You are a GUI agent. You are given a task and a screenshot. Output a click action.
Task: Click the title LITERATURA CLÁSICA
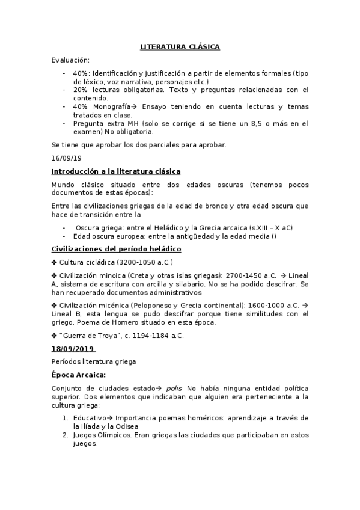click(x=180, y=46)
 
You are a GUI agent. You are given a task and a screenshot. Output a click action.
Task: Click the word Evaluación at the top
click(x=70, y=60)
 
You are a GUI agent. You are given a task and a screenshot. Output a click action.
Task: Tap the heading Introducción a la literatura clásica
click(x=116, y=171)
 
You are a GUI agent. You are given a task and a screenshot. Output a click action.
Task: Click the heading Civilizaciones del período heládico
click(x=117, y=248)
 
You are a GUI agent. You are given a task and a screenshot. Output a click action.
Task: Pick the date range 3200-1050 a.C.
click(x=144, y=262)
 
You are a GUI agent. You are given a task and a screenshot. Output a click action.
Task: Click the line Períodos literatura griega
click(x=93, y=361)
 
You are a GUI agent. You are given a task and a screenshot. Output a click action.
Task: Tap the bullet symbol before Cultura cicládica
click(x=55, y=262)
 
